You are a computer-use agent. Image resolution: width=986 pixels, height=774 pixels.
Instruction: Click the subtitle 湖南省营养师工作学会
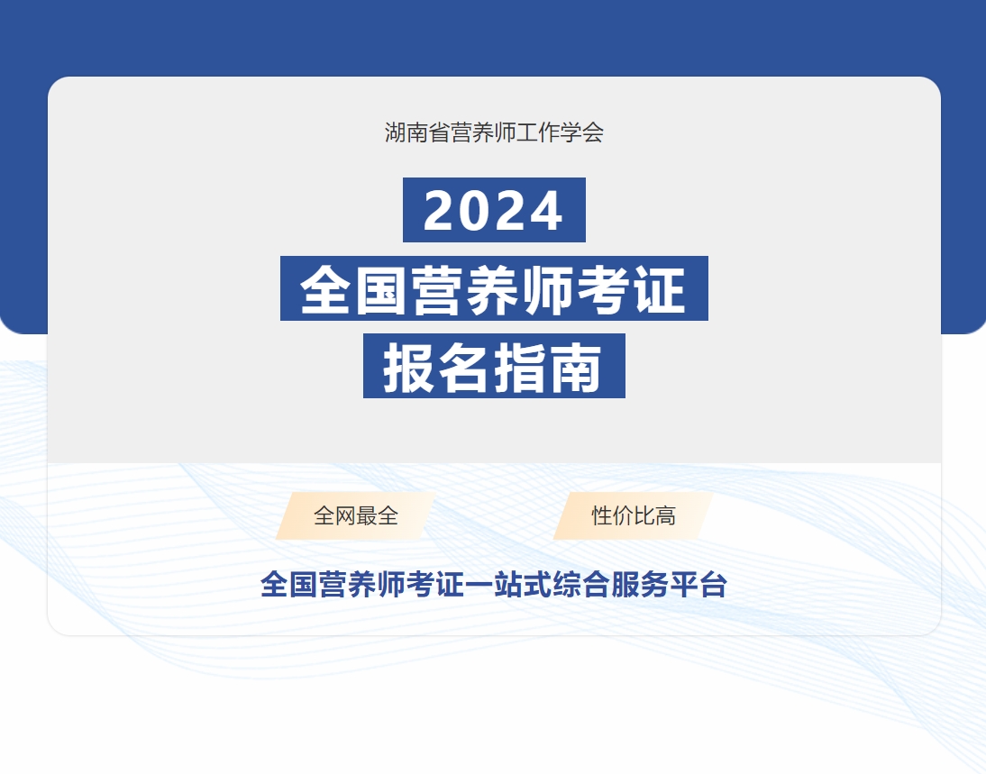click(494, 132)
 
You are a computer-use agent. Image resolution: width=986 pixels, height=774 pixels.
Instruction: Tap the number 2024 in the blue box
click(494, 211)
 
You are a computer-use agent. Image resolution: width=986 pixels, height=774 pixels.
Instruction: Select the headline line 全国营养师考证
click(493, 289)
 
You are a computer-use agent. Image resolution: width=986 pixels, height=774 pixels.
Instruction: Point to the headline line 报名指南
click(493, 368)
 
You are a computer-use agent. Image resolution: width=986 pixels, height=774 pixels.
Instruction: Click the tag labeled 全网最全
click(356, 515)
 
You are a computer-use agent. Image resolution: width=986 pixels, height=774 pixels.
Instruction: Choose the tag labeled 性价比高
click(634, 515)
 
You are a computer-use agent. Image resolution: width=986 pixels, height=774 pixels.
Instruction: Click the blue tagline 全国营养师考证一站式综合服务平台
click(494, 584)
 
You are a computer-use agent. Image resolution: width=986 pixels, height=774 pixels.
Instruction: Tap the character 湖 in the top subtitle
click(396, 132)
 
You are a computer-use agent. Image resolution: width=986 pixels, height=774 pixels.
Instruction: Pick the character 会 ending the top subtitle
click(593, 132)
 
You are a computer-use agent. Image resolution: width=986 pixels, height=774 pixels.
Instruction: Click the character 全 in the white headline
click(325, 289)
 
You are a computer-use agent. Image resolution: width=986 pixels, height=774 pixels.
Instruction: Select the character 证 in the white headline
click(660, 289)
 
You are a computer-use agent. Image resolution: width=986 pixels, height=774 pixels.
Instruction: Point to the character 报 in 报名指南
click(409, 368)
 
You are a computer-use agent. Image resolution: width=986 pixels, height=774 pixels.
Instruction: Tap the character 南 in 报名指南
click(576, 368)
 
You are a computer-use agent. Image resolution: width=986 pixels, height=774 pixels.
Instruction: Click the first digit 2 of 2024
click(440, 211)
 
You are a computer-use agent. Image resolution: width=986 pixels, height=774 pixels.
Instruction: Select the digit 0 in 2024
click(476, 211)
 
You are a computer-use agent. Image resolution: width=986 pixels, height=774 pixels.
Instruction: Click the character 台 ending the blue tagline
click(713, 584)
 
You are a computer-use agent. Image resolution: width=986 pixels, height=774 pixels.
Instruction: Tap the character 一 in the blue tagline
click(479, 584)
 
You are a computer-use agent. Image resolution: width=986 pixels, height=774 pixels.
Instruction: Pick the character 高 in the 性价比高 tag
click(665, 515)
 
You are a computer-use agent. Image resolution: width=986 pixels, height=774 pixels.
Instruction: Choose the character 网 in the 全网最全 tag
click(345, 515)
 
